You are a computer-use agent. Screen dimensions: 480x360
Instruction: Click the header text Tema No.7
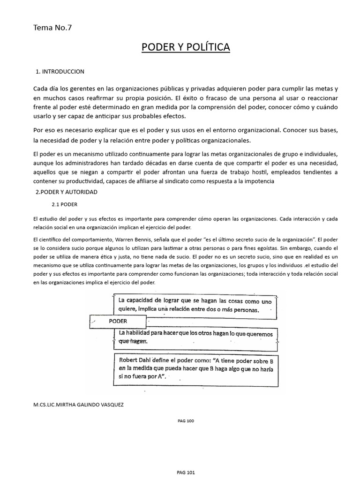52,27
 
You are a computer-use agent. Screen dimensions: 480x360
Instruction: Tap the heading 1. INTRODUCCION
60,72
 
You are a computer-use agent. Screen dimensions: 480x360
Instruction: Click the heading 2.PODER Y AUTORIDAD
67,192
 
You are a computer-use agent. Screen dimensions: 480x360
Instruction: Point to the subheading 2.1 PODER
64,205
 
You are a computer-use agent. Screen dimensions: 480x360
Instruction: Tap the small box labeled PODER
118,322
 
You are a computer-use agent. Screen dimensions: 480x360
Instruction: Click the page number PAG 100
186,420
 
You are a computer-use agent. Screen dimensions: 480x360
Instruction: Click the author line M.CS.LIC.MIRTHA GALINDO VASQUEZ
78,405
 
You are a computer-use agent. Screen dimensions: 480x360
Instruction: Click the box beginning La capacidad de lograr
195,305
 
